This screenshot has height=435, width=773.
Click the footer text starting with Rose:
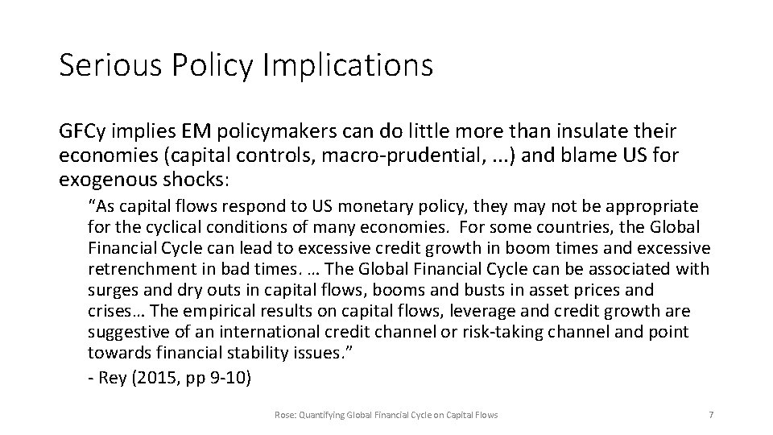tap(386, 414)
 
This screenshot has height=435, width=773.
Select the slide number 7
tap(710, 414)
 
